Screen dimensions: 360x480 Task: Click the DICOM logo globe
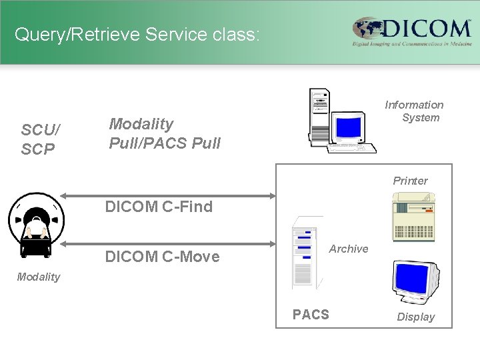pos(368,30)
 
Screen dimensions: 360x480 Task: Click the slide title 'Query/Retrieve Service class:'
pos(137,34)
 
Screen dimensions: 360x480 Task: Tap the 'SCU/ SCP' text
pos(38,140)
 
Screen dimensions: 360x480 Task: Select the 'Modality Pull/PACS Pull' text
pos(164,133)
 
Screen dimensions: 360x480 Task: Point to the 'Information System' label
pos(415,111)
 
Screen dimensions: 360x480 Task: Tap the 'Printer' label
pos(410,181)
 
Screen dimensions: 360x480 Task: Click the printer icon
pos(413,216)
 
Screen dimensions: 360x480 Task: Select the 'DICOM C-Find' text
pos(159,207)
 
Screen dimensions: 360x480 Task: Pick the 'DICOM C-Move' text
pos(162,257)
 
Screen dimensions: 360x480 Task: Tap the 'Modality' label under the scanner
pos(39,277)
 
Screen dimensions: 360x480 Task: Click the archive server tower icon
pos(304,256)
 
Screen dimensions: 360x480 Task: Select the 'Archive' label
pos(349,249)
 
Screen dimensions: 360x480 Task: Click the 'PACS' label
pos(311,315)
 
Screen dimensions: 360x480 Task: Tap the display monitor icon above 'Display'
pos(415,281)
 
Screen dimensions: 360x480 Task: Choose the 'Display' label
pos(415,317)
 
